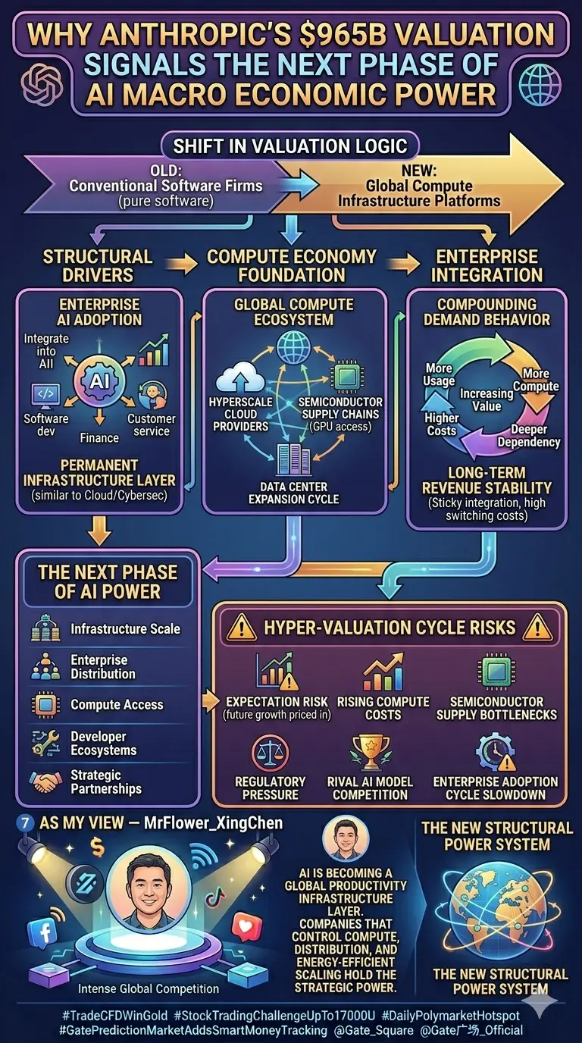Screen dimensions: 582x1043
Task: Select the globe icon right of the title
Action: (540, 85)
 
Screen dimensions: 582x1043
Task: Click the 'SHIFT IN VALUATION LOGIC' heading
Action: (290, 146)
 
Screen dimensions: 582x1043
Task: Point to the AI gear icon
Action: (99, 381)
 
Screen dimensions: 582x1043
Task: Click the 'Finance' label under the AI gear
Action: (99, 437)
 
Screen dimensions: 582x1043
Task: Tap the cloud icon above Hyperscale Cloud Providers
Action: (240, 378)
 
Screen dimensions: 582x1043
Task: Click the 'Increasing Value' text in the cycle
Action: (487, 399)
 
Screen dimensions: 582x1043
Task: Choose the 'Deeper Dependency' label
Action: (528, 435)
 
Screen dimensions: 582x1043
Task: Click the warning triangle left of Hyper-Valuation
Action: (241, 628)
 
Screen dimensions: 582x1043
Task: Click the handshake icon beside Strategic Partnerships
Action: (45, 781)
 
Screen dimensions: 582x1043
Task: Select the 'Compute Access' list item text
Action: (117, 704)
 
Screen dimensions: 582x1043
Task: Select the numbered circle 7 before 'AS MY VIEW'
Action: (25, 822)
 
